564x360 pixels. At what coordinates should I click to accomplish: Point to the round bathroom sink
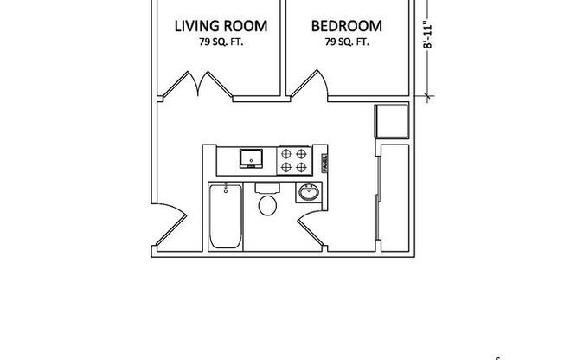point(308,192)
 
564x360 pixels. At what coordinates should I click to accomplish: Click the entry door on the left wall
point(167,226)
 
